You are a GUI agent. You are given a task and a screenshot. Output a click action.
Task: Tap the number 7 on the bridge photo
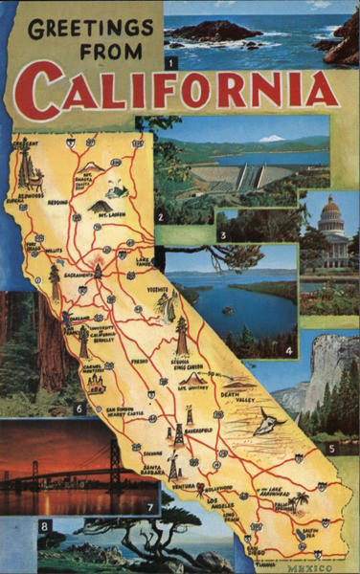pos(149,507)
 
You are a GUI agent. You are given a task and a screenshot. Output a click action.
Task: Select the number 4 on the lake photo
pos(289,352)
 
